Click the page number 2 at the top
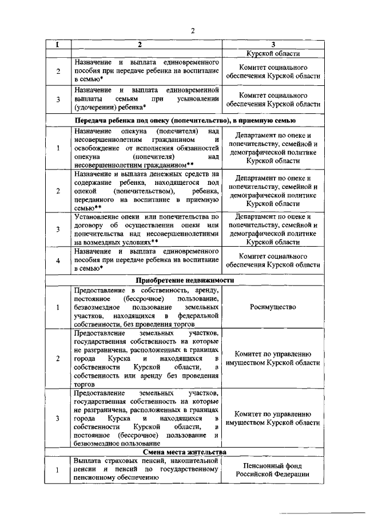(193, 31)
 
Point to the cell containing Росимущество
(272, 307)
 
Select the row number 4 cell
(58, 260)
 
